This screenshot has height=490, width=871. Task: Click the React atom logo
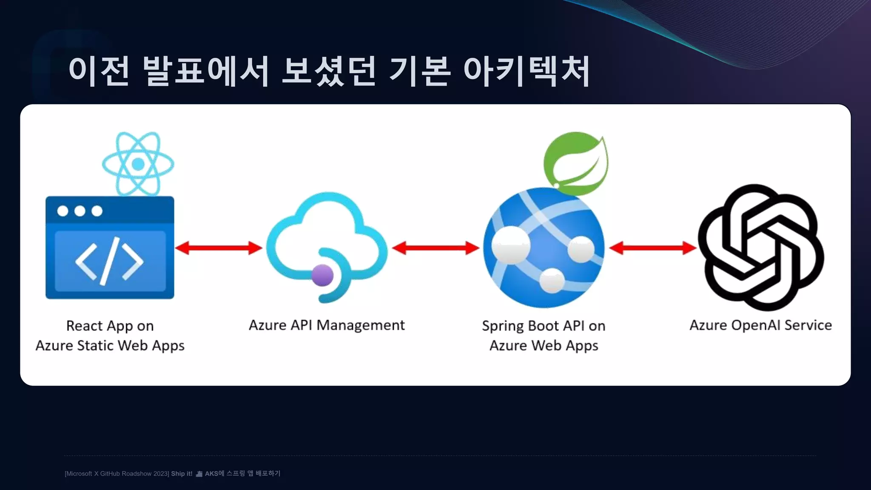(138, 164)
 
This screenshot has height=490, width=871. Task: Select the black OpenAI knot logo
(761, 248)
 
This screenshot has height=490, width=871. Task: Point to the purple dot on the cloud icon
(322, 275)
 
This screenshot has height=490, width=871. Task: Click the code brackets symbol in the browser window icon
(110, 261)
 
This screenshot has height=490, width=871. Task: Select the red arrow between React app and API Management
(219, 248)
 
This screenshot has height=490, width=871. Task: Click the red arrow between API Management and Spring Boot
(435, 248)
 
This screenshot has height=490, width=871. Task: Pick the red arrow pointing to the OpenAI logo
(653, 248)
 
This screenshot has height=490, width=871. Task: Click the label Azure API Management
(327, 325)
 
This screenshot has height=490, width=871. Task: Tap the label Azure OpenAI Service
(760, 325)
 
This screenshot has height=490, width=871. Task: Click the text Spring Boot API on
(544, 326)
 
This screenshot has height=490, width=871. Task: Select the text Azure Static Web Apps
(110, 345)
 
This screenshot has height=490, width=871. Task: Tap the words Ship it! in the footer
(182, 473)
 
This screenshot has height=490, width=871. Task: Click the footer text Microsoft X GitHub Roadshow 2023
(117, 473)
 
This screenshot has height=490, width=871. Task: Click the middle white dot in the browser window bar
(80, 211)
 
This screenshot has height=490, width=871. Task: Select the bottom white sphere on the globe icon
(552, 280)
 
